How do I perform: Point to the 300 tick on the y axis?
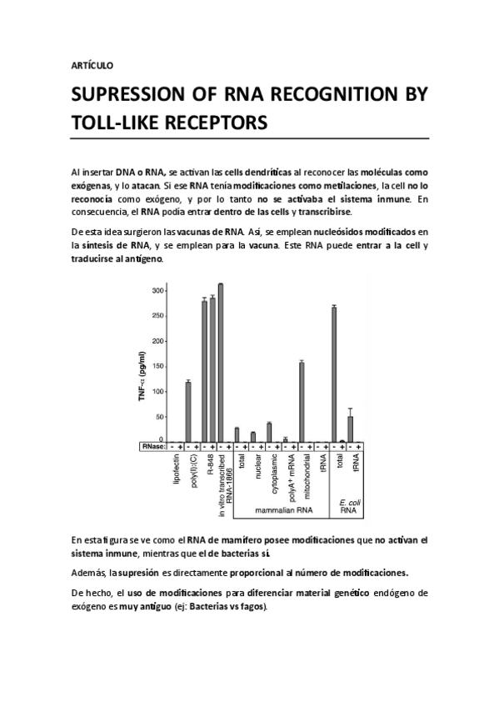click(x=157, y=290)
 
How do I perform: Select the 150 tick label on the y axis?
click(x=157, y=365)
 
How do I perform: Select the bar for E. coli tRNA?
click(x=350, y=428)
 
